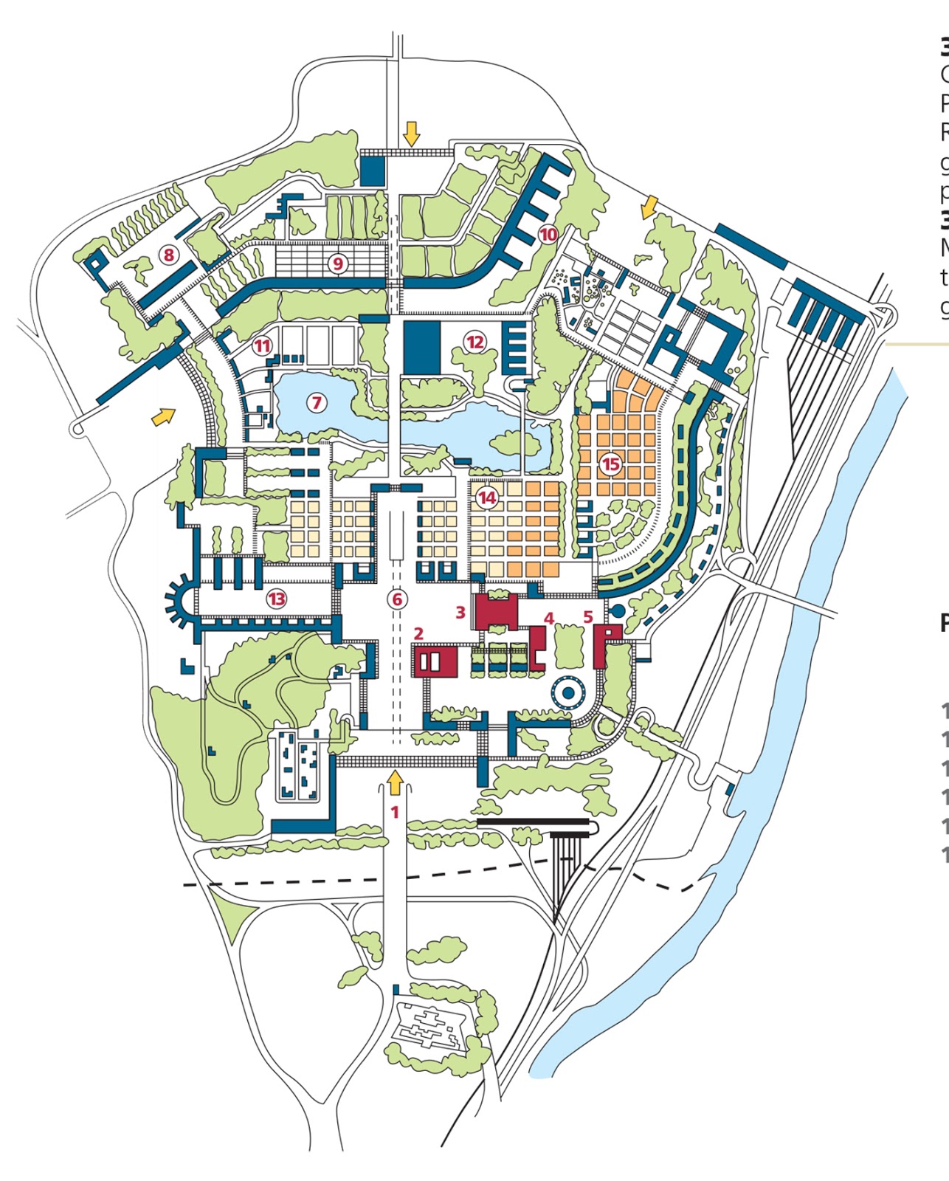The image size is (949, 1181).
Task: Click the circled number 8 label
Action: [x=169, y=255]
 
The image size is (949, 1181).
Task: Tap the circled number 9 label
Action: [x=338, y=263]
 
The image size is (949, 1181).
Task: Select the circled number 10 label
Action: [x=548, y=235]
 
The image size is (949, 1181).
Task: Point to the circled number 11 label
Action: [x=262, y=345]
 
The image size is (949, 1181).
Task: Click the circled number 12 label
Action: [x=475, y=341]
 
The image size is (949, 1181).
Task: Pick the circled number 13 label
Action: [x=277, y=599]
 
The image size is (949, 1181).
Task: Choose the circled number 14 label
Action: [x=487, y=497]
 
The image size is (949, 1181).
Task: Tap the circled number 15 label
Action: [x=610, y=464]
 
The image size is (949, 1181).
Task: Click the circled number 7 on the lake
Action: [x=317, y=402]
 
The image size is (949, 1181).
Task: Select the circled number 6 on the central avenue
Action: [x=397, y=599]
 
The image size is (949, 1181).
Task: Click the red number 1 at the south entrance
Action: [x=395, y=812]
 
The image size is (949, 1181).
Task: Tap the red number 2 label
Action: [x=418, y=633]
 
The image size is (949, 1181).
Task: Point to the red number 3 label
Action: [x=460, y=612]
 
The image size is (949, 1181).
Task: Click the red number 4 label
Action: [x=548, y=617]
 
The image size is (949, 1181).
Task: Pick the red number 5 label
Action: [x=588, y=616]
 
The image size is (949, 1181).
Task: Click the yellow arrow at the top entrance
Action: [x=412, y=134]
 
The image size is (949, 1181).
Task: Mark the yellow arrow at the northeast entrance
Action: [x=648, y=207]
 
